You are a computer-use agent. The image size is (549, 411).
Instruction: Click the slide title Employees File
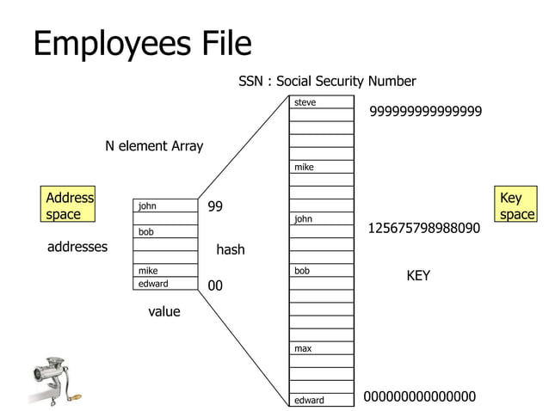pos(142,43)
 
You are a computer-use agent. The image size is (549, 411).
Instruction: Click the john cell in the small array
pos(165,206)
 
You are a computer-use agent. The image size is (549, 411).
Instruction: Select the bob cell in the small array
pos(165,232)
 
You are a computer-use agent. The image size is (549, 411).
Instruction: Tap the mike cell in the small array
pos(165,271)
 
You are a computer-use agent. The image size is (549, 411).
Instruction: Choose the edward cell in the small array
pos(165,284)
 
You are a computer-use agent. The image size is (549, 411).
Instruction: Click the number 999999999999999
pos(425,112)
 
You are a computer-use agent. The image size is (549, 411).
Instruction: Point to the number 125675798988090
pos(423,229)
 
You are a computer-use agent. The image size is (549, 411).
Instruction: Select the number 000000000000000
pos(420,396)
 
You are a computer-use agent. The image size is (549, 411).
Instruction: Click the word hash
pos(230,250)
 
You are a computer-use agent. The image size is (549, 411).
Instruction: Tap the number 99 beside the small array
pos(215,207)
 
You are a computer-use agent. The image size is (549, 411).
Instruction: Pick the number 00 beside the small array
pos(215,285)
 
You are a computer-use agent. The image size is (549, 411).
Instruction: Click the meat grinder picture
pos(52,378)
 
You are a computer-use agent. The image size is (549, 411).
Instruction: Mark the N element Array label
pos(154,146)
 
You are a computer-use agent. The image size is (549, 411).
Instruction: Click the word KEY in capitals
pos(418,276)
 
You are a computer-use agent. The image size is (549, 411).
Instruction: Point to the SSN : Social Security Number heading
pos(327,82)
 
